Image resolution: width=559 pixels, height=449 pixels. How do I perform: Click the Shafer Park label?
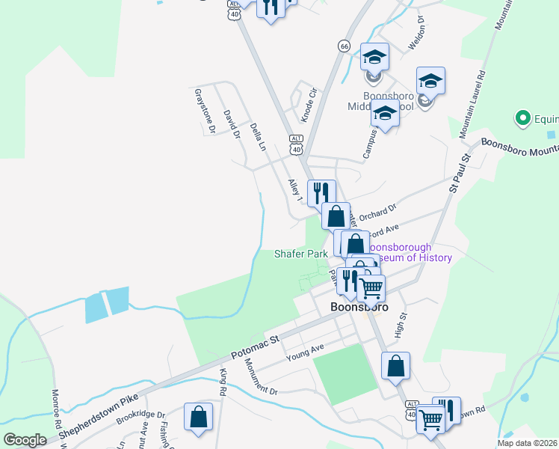point(300,254)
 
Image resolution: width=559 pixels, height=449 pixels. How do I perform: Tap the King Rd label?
point(223,382)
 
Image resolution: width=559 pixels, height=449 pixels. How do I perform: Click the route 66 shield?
point(344,46)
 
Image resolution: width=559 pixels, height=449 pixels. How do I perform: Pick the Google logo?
point(25,440)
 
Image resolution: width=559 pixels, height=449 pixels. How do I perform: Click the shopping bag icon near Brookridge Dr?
point(198,417)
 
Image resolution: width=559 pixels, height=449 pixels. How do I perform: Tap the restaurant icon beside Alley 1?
point(321,192)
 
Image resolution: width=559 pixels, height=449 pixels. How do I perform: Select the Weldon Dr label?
point(416,34)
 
